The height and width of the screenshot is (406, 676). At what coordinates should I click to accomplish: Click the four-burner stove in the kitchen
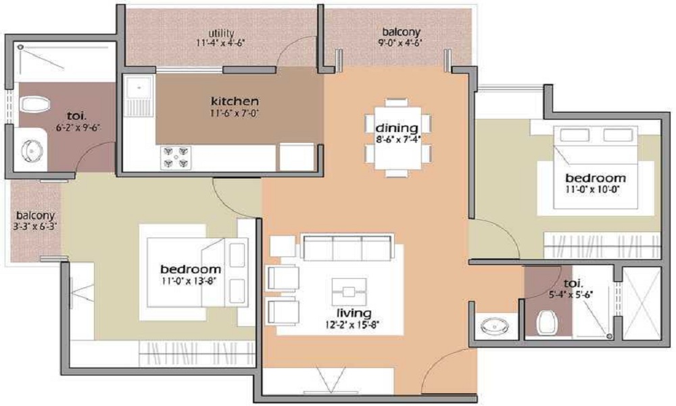[x=175, y=157]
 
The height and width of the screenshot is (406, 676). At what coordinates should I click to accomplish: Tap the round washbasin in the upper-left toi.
[x=32, y=150]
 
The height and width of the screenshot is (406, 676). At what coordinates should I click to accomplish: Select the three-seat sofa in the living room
[x=347, y=248]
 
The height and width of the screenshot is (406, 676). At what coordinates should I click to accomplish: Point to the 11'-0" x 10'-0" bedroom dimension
[x=595, y=189]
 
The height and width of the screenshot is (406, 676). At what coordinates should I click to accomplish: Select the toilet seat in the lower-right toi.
[x=547, y=323]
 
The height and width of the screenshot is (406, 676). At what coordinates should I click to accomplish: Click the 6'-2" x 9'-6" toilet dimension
[x=78, y=127]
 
